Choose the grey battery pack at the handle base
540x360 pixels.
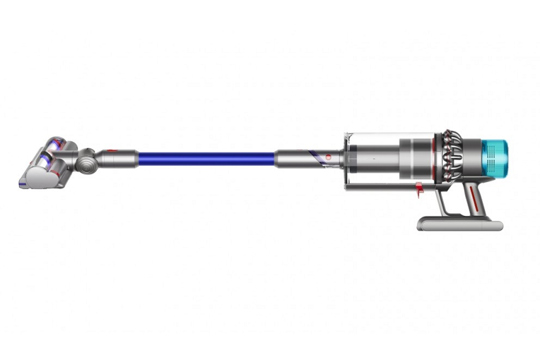pyautogui.click(x=461, y=224)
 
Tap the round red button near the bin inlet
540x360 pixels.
pyautogui.click(x=327, y=155)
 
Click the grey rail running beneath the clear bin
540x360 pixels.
pyautogui.click(x=383, y=186)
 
